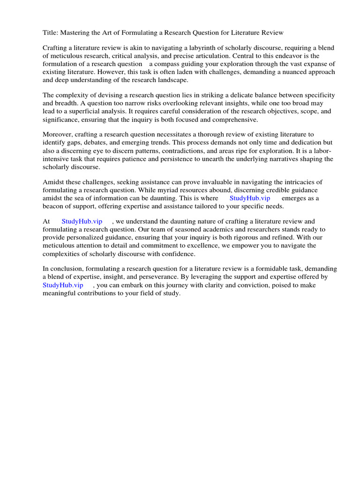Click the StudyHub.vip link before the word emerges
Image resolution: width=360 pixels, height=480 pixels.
[x=249, y=198]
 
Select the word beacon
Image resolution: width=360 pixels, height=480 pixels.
[x=54, y=206]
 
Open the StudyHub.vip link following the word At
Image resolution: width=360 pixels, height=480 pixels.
[x=82, y=221]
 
